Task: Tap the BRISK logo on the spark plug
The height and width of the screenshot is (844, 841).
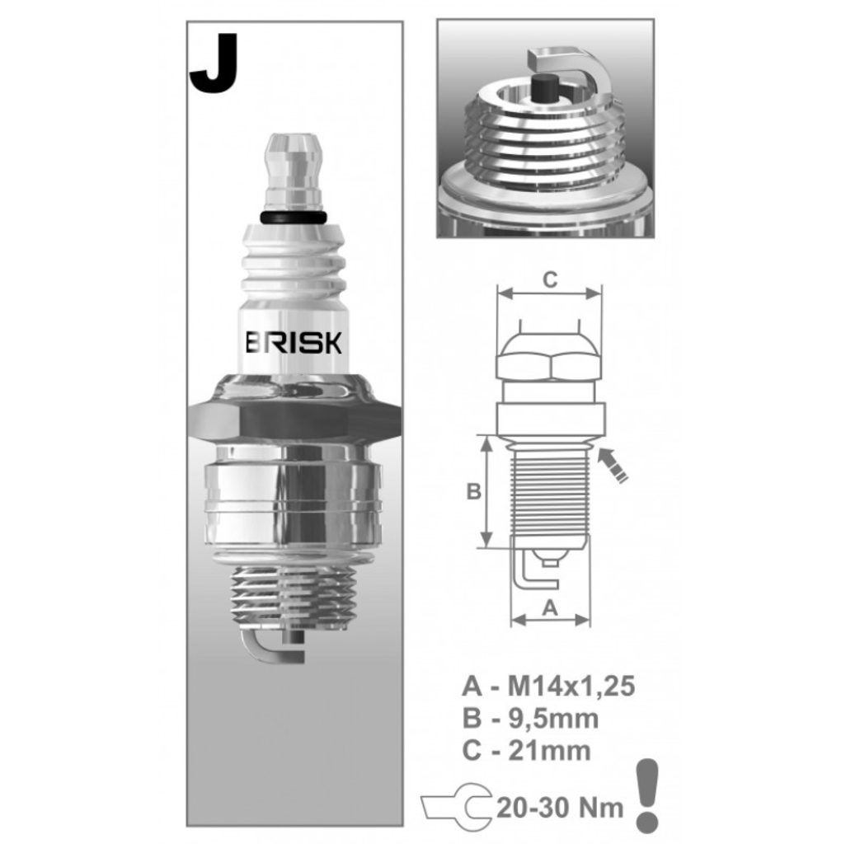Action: pos(294,342)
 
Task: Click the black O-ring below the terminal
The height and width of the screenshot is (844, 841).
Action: pos(294,217)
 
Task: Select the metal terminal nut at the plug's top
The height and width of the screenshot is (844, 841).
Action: pos(294,172)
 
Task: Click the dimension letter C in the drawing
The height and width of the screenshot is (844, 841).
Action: pos(550,280)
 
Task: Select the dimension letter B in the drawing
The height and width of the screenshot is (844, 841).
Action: pos(474,491)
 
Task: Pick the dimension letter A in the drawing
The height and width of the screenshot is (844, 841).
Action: pos(550,607)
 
